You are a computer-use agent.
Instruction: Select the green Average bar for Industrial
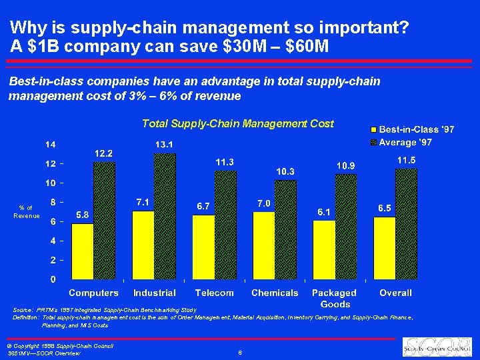pyautogui.click(x=165, y=216)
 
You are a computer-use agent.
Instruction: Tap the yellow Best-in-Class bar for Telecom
pyautogui.click(x=203, y=247)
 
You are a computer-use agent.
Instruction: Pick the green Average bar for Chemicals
pyautogui.click(x=285, y=229)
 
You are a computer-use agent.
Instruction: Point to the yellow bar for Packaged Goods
pyautogui.click(x=324, y=249)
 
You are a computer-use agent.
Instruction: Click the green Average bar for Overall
pyautogui.click(x=406, y=223)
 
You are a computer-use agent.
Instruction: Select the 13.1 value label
pyautogui.click(x=165, y=144)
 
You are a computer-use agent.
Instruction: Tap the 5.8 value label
pyautogui.click(x=83, y=215)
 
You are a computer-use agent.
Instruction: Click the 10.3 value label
pyautogui.click(x=285, y=171)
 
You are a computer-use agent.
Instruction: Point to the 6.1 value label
pyautogui.click(x=324, y=211)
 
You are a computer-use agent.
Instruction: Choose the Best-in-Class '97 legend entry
pyautogui.click(x=403, y=129)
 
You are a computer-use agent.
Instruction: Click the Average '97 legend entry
pyautogui.click(x=403, y=142)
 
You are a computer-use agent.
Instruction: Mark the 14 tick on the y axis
pyautogui.click(x=50, y=145)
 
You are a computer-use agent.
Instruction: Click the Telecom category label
pyautogui.click(x=214, y=293)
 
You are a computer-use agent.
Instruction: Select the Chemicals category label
pyautogui.click(x=275, y=293)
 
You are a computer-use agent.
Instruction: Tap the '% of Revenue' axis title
pyautogui.click(x=27, y=212)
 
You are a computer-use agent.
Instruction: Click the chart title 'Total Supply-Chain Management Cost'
pyautogui.click(x=237, y=123)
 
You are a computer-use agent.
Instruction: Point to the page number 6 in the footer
pyautogui.click(x=239, y=353)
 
